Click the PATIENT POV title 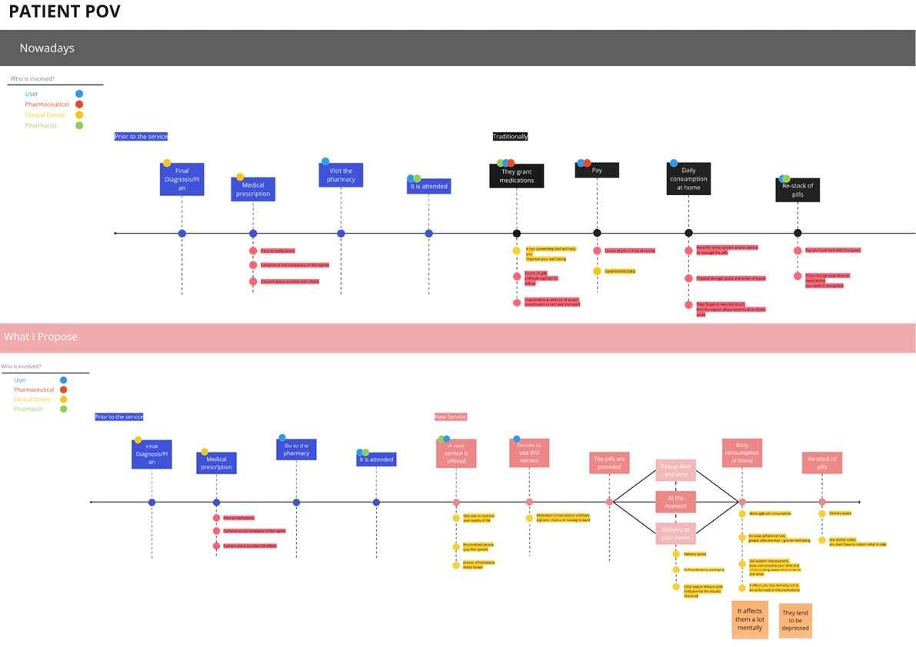[65, 12]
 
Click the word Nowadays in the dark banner [47, 48]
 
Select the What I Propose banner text [41, 337]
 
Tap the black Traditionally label [511, 136]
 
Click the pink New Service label [451, 416]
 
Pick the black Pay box [597, 171]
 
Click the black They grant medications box [517, 176]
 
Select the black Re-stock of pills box [798, 190]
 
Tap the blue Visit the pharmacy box [341, 175]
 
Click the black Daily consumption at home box [688, 178]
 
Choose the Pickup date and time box [675, 470]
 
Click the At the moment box [675, 502]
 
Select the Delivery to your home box [675, 533]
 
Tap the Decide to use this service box [529, 453]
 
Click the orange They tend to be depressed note [795, 621]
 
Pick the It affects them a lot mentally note [750, 619]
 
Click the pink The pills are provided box [609, 463]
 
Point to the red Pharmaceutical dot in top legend [79, 104]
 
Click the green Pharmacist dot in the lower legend [63, 409]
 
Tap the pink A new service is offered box [456, 453]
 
